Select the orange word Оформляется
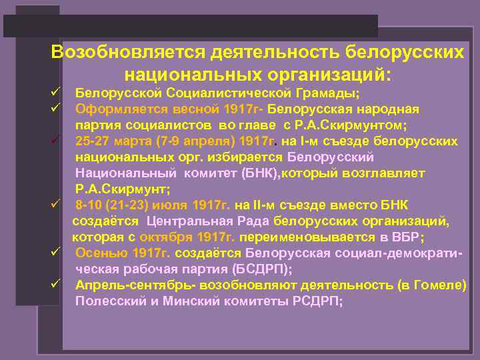click(x=115, y=109)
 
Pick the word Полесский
click(x=107, y=301)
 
